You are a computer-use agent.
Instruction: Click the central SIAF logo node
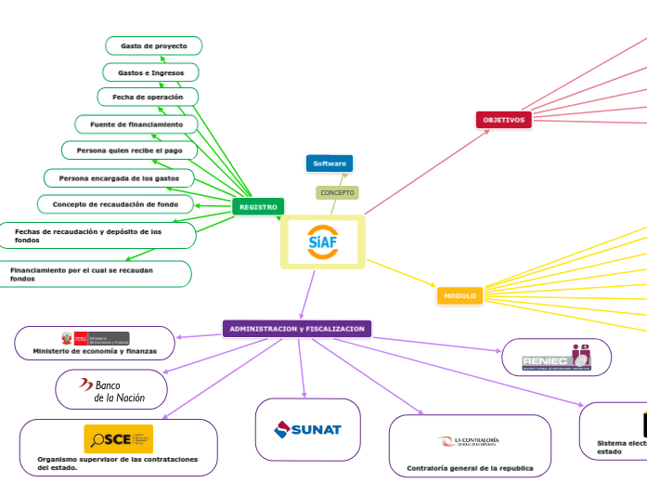(x=323, y=242)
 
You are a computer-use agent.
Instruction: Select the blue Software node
(x=330, y=163)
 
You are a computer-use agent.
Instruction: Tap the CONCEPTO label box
(x=337, y=192)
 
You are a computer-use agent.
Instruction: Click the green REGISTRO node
(x=258, y=207)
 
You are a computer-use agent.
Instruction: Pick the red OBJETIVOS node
(x=504, y=120)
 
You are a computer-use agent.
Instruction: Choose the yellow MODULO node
(x=459, y=295)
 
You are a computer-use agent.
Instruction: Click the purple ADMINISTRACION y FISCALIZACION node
(x=297, y=329)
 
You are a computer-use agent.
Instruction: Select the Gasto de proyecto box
(x=154, y=46)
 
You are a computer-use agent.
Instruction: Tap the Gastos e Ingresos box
(x=150, y=72)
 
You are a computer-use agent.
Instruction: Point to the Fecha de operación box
(x=149, y=97)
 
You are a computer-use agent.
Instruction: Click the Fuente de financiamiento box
(x=136, y=124)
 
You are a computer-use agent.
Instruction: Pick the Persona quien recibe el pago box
(x=130, y=150)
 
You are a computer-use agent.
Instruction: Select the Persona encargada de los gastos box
(x=120, y=177)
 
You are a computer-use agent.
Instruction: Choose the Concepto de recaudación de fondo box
(x=116, y=203)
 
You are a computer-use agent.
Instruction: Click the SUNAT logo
(x=308, y=429)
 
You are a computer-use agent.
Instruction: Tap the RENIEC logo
(x=556, y=357)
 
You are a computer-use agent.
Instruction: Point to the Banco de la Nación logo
(x=112, y=390)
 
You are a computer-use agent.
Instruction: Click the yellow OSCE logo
(x=118, y=438)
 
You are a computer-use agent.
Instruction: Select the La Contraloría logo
(x=470, y=441)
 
